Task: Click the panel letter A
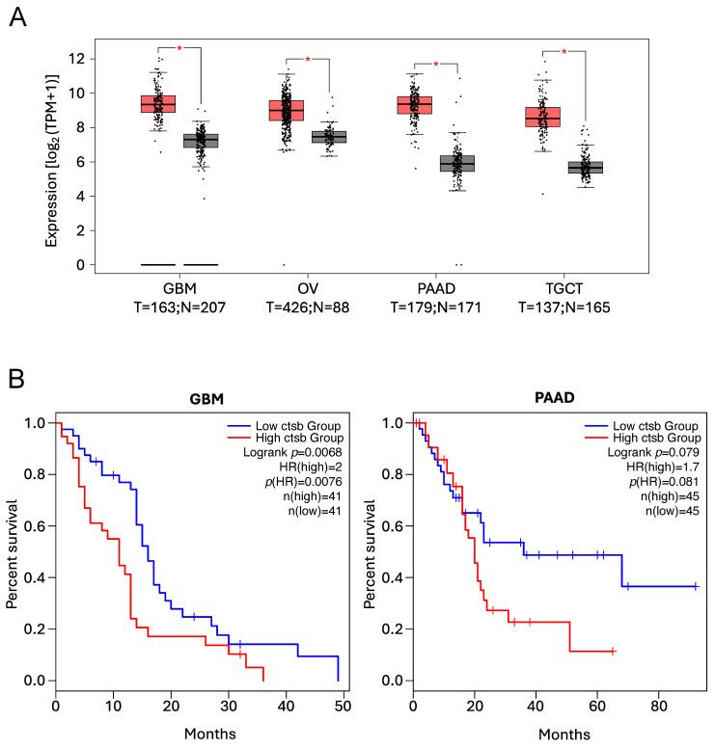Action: [17, 16]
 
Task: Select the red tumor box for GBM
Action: [158, 103]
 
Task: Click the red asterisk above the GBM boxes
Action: [179, 48]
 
